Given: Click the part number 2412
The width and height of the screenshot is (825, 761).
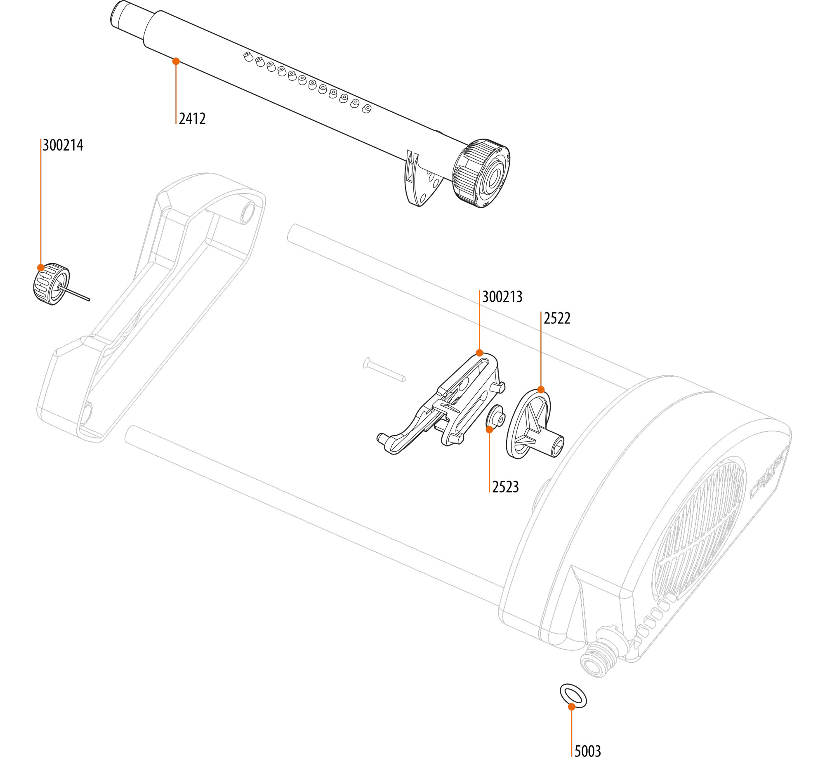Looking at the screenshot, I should (x=192, y=119).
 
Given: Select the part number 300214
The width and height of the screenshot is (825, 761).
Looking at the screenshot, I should (x=63, y=145).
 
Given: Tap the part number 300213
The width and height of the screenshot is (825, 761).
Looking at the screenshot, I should (x=502, y=297).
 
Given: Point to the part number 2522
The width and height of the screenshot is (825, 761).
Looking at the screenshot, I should (x=557, y=318).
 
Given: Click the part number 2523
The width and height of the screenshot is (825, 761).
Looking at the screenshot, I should (x=505, y=487).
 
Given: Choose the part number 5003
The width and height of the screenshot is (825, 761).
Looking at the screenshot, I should (x=587, y=751).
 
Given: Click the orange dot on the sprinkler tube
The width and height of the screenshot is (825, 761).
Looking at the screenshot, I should (x=176, y=61).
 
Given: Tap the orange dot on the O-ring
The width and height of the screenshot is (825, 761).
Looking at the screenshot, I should (x=571, y=707).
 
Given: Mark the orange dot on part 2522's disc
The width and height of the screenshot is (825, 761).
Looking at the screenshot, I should (x=541, y=389).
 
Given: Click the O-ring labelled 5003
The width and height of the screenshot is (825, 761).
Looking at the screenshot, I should (x=573, y=696).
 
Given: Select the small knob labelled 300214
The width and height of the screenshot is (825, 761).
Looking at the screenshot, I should (x=50, y=284).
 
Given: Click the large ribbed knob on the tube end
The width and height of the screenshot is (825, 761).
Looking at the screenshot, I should (x=481, y=174).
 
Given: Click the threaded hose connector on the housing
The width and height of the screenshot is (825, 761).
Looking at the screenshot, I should (x=600, y=656).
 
